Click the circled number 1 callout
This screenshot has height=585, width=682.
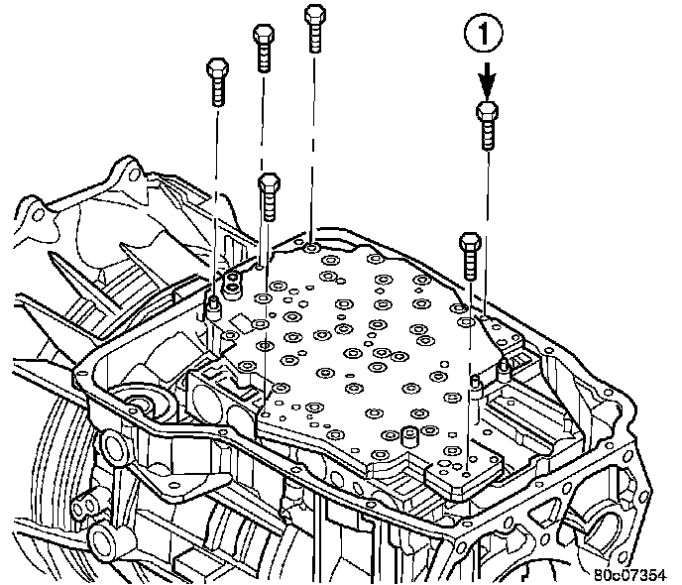485,37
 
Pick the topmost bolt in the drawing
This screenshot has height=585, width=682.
314,27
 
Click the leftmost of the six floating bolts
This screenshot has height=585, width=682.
217,81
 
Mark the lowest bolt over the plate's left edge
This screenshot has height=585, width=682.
267,198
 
